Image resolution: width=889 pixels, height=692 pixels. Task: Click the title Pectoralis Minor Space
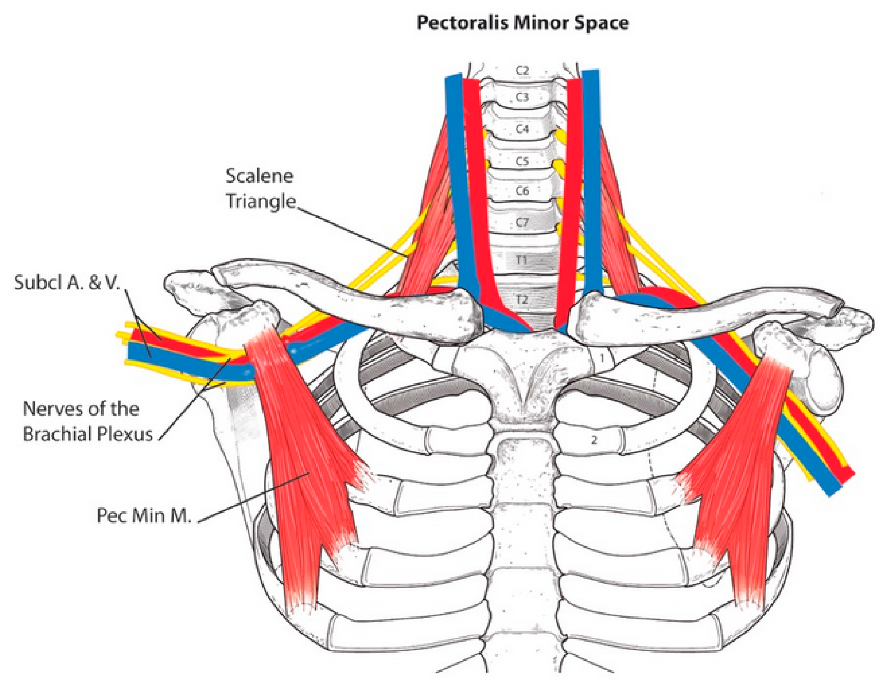coord(522,23)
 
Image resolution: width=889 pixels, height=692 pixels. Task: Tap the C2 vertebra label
coord(522,70)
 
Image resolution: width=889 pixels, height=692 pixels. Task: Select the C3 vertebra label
coord(522,97)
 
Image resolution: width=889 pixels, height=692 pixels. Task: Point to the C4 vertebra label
coord(522,129)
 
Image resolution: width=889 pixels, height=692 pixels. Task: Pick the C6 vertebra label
coord(522,191)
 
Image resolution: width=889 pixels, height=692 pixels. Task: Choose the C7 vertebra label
coord(522,222)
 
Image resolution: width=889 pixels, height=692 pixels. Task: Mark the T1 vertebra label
coord(522,259)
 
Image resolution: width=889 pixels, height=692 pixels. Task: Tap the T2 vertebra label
coord(522,300)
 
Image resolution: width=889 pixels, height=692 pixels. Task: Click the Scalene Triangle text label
coord(260,189)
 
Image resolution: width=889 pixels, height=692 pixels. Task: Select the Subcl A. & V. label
coord(67,283)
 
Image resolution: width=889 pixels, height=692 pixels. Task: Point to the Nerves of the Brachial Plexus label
coord(87,421)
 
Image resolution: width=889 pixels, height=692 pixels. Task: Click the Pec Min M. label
coord(144,516)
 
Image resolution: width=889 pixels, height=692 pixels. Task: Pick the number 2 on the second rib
coord(594,440)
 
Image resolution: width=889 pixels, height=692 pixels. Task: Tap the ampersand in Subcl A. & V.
coord(94,283)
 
